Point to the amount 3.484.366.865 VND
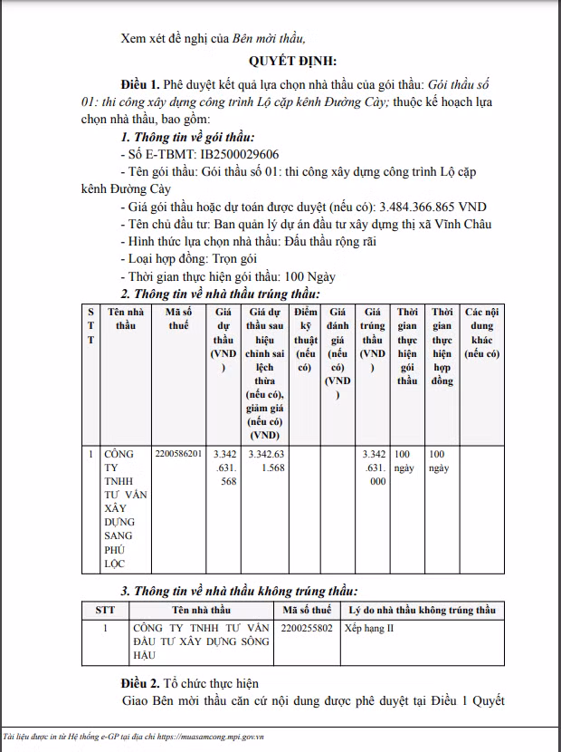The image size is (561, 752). coord(433,207)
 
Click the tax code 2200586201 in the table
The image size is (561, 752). coord(178,453)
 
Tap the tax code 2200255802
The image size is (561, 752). coord(308,628)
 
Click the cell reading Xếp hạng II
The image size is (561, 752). coord(370,628)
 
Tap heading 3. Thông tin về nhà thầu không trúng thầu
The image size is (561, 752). coord(239,590)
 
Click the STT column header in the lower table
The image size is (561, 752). coord(105,610)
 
